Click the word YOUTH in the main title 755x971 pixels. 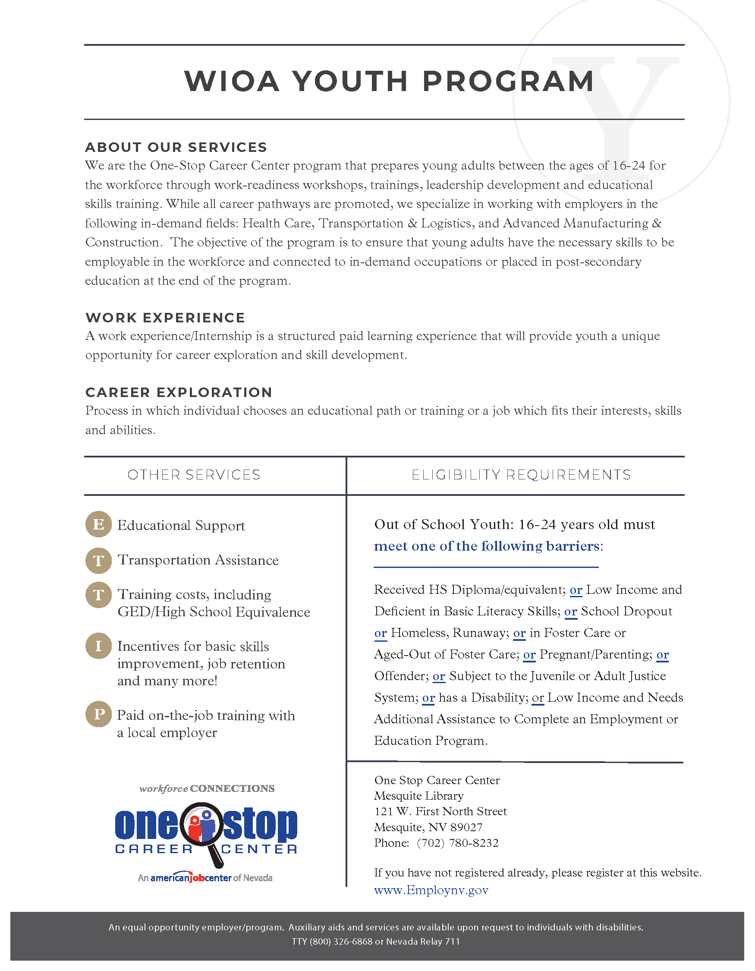click(350, 82)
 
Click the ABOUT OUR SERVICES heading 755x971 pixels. click(176, 147)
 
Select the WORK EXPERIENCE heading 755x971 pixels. click(165, 318)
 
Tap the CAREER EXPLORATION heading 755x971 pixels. click(179, 392)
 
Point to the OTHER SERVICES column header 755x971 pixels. click(194, 475)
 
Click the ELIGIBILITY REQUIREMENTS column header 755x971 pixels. click(521, 475)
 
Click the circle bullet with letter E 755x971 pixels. click(98, 524)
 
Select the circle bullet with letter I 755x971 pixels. click(98, 646)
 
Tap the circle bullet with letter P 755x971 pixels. click(98, 714)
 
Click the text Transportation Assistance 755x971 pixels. click(198, 560)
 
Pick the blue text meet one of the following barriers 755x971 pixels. click(488, 546)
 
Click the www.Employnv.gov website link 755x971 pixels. click(431, 890)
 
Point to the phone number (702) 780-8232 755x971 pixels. click(457, 843)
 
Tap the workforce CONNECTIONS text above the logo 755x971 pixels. click(207, 788)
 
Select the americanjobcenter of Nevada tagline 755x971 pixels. click(205, 878)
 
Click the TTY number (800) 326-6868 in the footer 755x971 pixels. click(340, 941)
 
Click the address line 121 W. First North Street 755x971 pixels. click(440, 811)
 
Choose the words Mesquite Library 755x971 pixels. click(418, 796)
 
